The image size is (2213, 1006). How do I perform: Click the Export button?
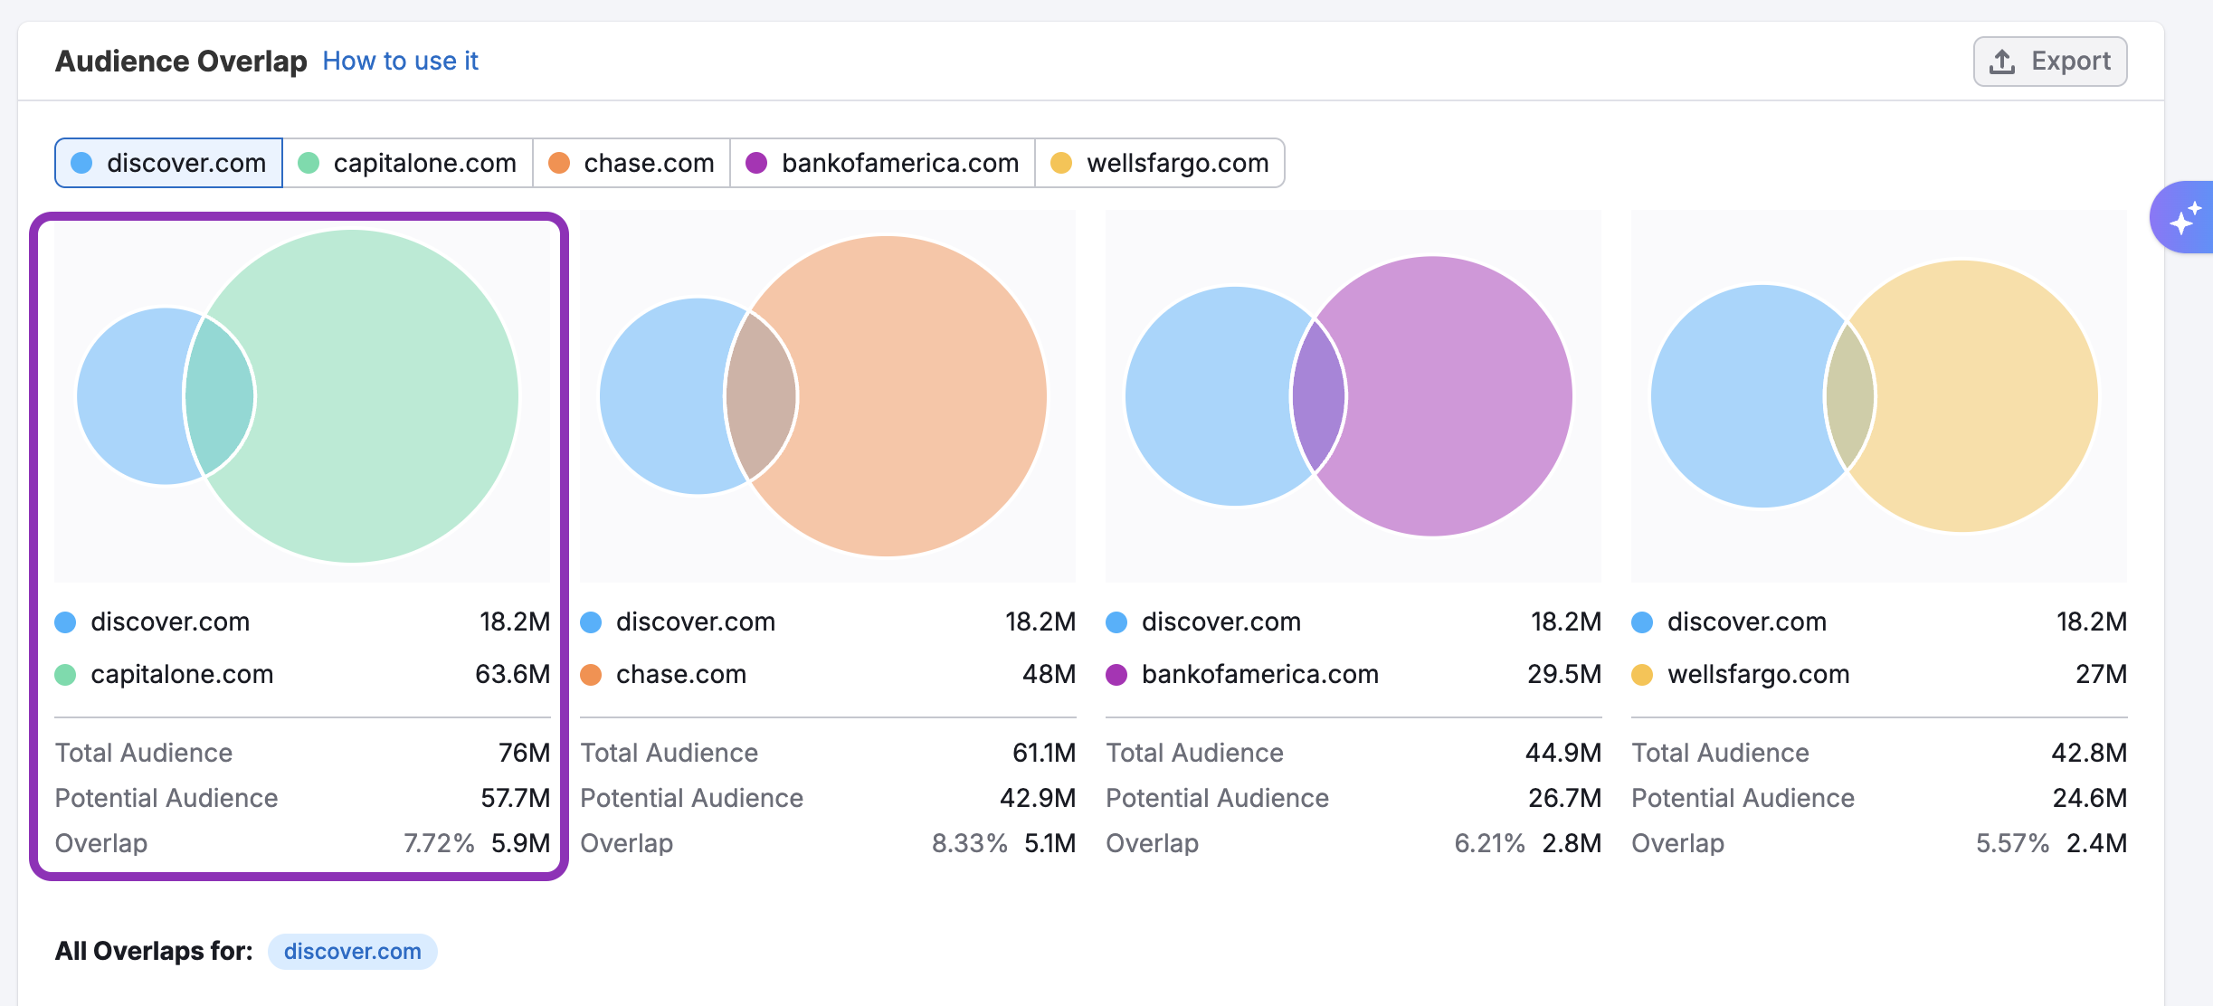2049,62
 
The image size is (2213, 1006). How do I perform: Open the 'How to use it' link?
400,61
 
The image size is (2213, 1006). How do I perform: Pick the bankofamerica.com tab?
882,163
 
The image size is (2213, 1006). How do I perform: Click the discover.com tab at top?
169,163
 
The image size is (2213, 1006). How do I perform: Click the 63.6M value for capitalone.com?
512,674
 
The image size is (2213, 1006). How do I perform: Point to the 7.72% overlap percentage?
439,843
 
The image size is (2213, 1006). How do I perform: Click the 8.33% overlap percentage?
969,843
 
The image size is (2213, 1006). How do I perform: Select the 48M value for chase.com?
1049,674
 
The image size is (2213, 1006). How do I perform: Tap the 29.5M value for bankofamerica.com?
1563,674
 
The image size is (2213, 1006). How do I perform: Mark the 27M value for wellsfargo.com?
2101,674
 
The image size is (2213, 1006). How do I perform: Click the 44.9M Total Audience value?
1562,753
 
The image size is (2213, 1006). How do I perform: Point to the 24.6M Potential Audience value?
2089,798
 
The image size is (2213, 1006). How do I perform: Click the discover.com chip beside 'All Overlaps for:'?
352,952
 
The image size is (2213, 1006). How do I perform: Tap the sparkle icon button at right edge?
2184,218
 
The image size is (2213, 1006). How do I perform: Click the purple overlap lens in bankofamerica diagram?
1318,396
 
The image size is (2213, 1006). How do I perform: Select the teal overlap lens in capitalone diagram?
220,396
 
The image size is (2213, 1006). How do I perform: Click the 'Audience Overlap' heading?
181,61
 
